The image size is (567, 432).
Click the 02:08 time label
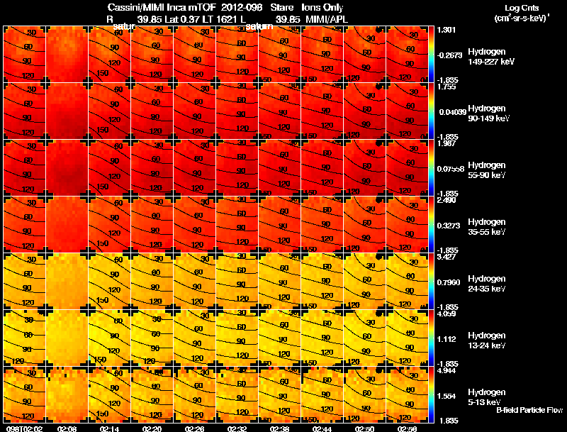click(67, 428)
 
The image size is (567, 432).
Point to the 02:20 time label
click(152, 428)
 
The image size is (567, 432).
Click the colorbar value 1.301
click(447, 30)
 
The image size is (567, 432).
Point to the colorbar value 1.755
click(447, 87)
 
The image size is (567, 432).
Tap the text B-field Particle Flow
click(529, 411)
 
